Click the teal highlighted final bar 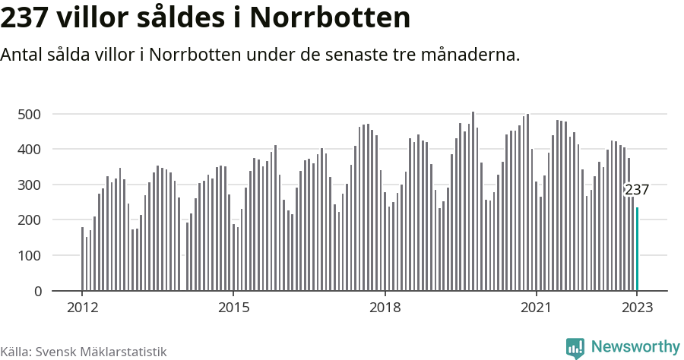637,249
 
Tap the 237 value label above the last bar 637,190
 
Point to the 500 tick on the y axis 29,114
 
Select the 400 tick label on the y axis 29,150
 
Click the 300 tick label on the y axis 29,185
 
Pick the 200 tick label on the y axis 29,220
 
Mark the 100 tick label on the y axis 29,256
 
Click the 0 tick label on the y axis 36,291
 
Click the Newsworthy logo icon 575,348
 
